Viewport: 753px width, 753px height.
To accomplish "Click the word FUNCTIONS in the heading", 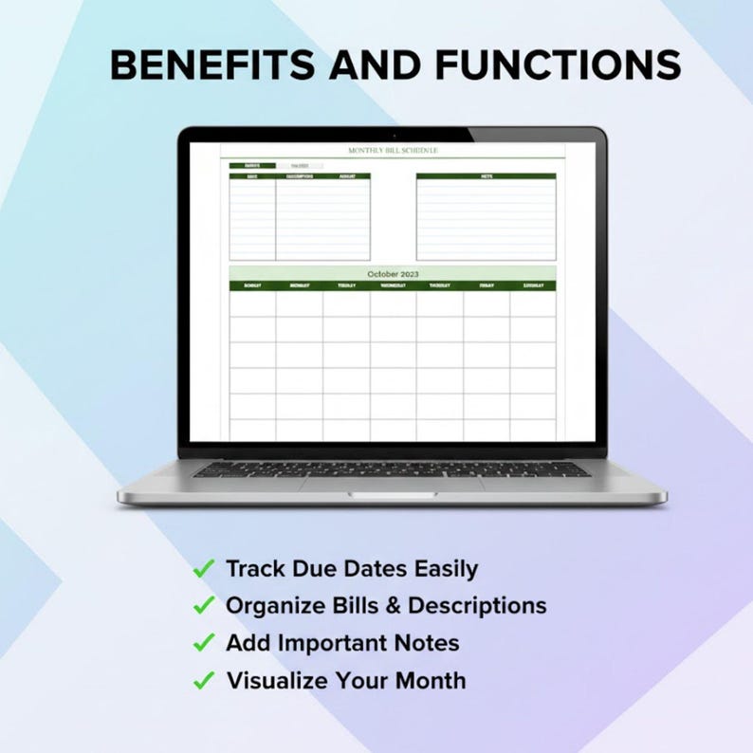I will (558, 65).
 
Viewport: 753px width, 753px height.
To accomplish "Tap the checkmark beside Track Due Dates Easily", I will (203, 569).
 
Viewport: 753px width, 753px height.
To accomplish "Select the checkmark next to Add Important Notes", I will (203, 643).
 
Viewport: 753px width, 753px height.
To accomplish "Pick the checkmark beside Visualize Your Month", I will (203, 680).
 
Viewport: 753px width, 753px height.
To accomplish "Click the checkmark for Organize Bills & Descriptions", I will (203, 605).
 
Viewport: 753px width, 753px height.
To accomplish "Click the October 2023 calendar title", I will (392, 274).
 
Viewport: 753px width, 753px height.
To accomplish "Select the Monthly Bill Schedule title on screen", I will (393, 151).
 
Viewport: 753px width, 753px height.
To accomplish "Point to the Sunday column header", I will (252, 285).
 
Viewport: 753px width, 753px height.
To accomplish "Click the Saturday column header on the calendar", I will (533, 285).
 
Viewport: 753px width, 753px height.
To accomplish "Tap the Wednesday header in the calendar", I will (393, 285).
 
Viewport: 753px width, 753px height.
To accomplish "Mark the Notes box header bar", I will (486, 176).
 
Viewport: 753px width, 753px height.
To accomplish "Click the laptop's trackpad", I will (392, 485).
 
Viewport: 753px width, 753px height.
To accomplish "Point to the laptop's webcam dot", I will (393, 132).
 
